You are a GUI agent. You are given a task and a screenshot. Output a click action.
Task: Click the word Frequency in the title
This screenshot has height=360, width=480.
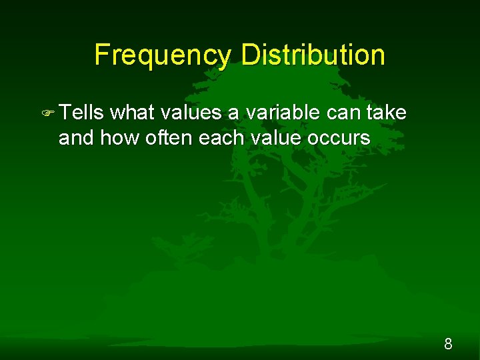click(163, 55)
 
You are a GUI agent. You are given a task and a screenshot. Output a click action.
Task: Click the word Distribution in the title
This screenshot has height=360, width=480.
click(313, 55)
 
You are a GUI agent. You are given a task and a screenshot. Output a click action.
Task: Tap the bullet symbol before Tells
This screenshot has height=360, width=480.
click(48, 113)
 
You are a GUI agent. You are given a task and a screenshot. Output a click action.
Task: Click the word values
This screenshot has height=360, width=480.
click(190, 113)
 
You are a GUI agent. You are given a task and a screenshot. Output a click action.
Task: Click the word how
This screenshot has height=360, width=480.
click(115, 138)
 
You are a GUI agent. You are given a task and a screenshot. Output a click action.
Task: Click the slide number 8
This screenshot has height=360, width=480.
click(448, 344)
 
